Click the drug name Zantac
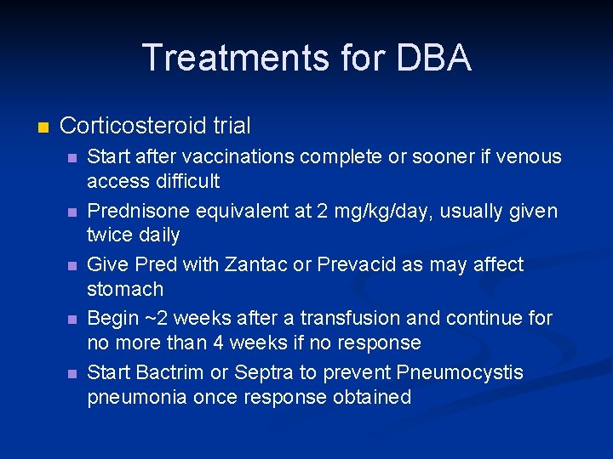point(255,264)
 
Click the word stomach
point(125,289)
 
